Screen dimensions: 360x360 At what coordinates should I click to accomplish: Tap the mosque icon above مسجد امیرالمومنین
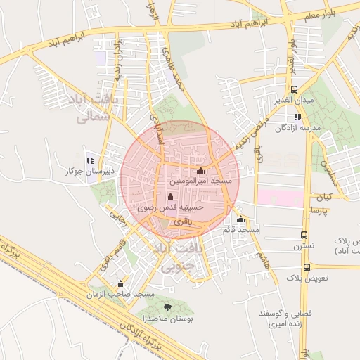[x=201, y=171]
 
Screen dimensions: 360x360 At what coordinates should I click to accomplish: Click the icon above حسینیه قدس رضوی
[x=169, y=197]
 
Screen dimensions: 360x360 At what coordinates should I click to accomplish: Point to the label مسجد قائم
[x=240, y=230]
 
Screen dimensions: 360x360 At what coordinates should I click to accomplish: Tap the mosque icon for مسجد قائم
[x=241, y=219]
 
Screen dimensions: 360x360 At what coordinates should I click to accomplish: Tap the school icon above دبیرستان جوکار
[x=89, y=160]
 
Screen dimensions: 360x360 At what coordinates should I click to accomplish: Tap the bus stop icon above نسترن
[x=304, y=236]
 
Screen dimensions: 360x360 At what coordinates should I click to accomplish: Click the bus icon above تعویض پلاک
[x=307, y=267]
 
